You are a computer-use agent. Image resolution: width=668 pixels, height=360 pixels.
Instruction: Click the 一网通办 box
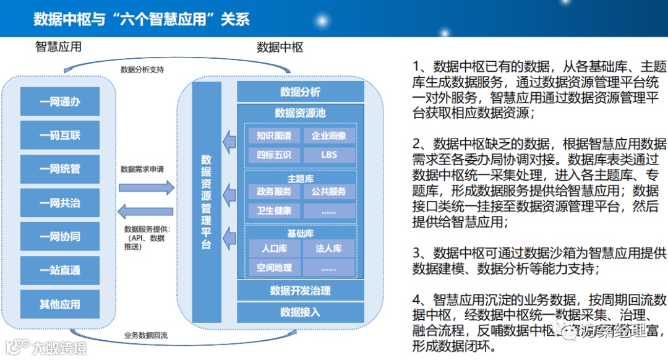click(x=60, y=101)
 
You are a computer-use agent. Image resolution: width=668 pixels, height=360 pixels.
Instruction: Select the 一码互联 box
click(x=60, y=135)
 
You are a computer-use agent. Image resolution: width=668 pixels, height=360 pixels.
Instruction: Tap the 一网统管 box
click(x=60, y=169)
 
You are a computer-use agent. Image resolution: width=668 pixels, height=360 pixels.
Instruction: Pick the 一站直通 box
click(x=60, y=270)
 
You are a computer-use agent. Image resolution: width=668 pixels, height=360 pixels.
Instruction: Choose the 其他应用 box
click(x=60, y=304)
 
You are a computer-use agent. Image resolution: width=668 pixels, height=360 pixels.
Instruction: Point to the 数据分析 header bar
click(x=300, y=92)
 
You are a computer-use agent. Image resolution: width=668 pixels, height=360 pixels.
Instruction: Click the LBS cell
click(x=329, y=155)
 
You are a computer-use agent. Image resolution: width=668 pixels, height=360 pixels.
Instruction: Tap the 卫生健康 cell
click(x=274, y=211)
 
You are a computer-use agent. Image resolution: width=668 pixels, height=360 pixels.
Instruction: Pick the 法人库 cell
click(x=329, y=249)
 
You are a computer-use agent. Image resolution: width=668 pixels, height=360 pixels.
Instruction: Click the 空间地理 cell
click(x=274, y=268)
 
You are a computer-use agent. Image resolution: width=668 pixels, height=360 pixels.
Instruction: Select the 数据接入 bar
click(x=300, y=312)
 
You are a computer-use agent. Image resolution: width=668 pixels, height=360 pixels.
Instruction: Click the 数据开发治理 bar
click(x=300, y=291)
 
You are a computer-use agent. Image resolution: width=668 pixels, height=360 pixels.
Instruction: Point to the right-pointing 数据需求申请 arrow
click(x=146, y=187)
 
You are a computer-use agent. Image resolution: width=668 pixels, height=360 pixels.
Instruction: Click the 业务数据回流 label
click(x=146, y=336)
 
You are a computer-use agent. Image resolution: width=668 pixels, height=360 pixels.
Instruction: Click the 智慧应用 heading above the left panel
click(x=58, y=48)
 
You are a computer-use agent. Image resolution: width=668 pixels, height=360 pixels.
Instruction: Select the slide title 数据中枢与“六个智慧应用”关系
click(x=142, y=19)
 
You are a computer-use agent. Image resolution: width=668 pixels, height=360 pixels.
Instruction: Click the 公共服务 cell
click(x=329, y=192)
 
